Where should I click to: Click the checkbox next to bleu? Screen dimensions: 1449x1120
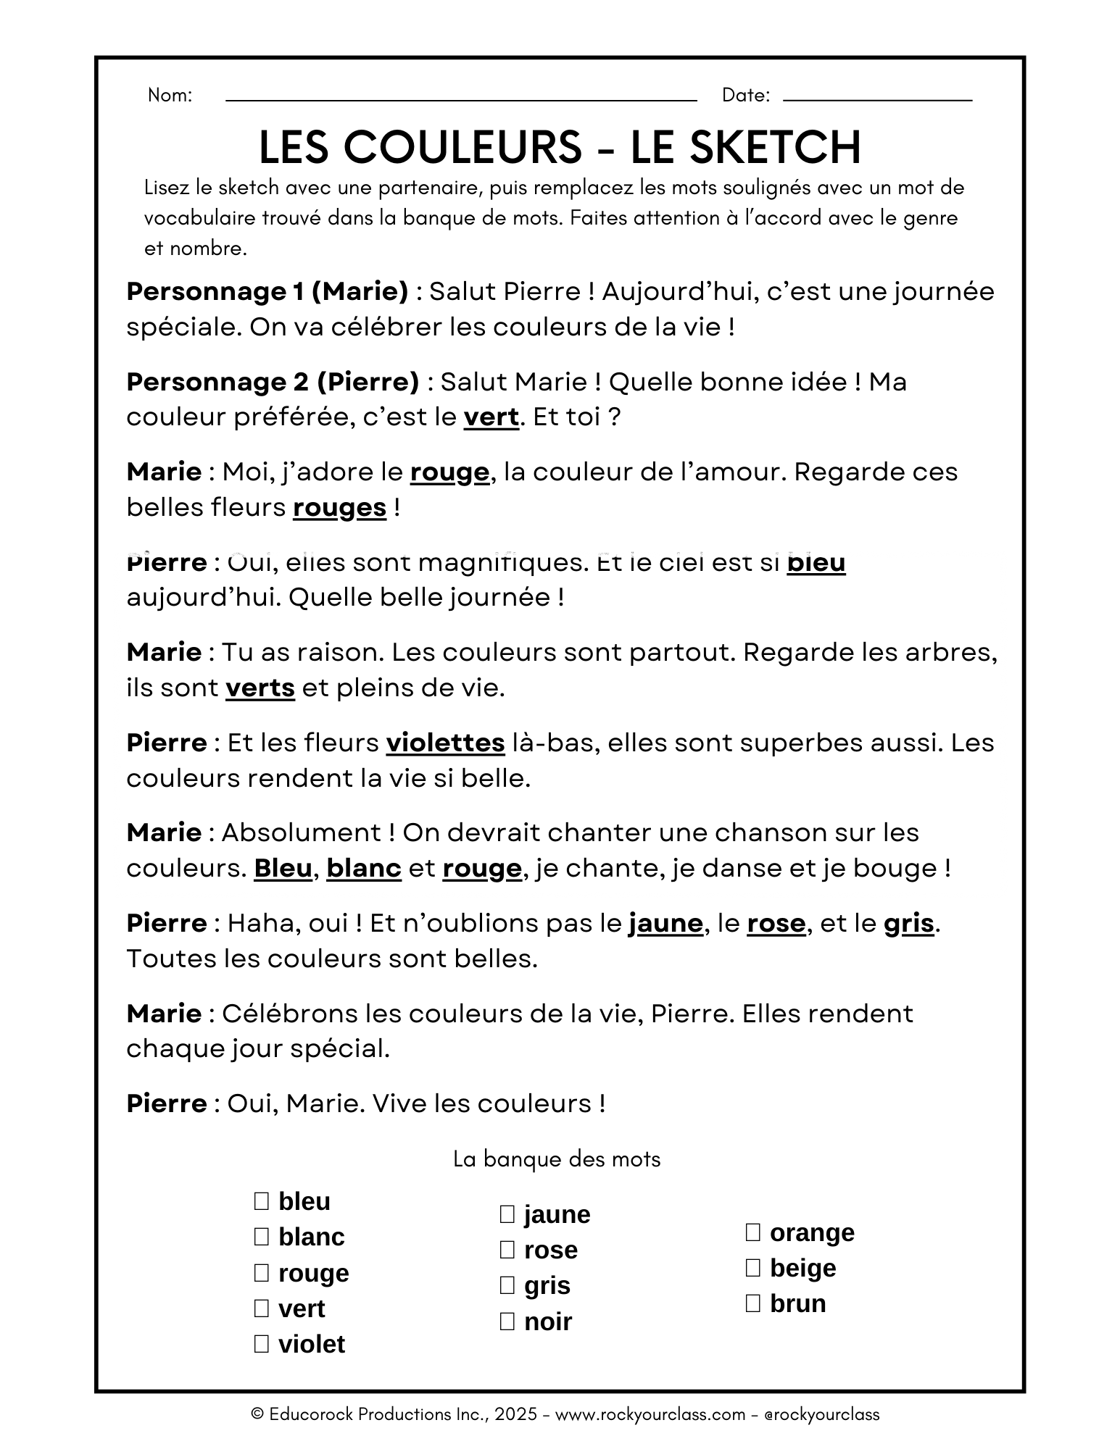pyautogui.click(x=262, y=1201)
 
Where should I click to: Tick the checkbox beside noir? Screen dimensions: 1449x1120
pyautogui.click(x=507, y=1321)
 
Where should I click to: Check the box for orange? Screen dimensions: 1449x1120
pyautogui.click(x=753, y=1232)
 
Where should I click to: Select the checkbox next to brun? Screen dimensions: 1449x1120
pyautogui.click(x=753, y=1303)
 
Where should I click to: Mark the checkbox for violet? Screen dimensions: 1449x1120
pyautogui.click(x=262, y=1345)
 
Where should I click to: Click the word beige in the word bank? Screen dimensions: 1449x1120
pyautogui.click(x=802, y=1268)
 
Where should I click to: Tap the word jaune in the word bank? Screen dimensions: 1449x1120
pyautogui.click(x=557, y=1214)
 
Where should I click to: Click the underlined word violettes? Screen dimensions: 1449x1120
pyautogui.click(x=445, y=743)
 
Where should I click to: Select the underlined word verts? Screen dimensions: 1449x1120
pyautogui.click(x=260, y=688)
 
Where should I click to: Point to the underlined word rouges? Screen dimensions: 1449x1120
pyautogui.click(x=339, y=507)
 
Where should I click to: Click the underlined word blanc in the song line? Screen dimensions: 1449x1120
pyautogui.click(x=364, y=868)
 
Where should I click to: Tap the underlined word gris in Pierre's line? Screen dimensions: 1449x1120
pyautogui.click(x=908, y=923)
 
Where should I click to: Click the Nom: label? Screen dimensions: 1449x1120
pyautogui.click(x=170, y=95)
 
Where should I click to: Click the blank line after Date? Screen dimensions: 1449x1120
pyautogui.click(x=877, y=99)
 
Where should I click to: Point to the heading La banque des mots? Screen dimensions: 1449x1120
pyautogui.click(x=557, y=1159)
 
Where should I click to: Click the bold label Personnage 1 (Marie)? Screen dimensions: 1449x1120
pyautogui.click(x=267, y=291)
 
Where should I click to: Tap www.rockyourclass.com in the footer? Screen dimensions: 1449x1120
pyautogui.click(x=650, y=1413)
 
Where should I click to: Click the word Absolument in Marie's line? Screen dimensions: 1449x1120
pyautogui.click(x=301, y=832)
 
